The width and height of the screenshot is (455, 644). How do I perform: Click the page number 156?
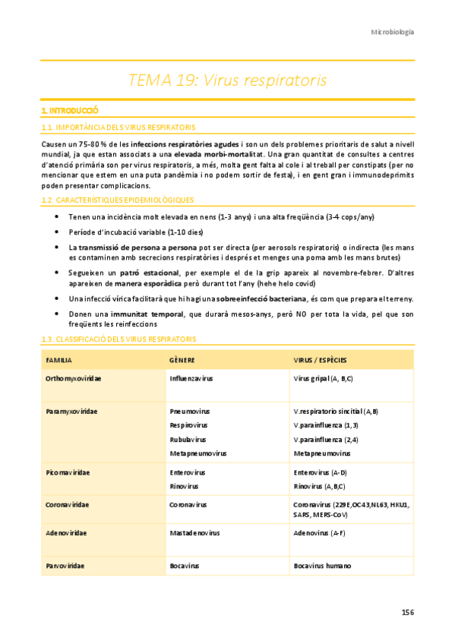tap(407, 612)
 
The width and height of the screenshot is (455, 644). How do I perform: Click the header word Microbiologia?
tap(392, 32)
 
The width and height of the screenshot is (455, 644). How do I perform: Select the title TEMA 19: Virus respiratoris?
tap(227, 80)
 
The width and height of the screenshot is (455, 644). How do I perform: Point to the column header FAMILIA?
tap(59, 359)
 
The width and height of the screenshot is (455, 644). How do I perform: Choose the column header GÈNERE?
tap(183, 359)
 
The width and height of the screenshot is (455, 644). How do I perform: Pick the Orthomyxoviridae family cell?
tap(74, 377)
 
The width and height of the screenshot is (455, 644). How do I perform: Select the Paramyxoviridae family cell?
tap(73, 411)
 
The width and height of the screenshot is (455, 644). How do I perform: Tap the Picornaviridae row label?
tap(68, 472)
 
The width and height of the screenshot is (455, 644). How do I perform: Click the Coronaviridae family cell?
tap(68, 504)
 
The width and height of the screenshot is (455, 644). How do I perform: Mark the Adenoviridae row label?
tap(66, 532)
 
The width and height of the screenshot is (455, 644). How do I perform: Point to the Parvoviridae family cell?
tap(65, 566)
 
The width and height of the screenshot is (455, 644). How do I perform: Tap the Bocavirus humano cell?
tap(322, 566)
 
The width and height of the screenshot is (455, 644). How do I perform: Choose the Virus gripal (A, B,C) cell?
tap(323, 377)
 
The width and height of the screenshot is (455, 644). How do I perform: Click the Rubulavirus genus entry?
tap(188, 439)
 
